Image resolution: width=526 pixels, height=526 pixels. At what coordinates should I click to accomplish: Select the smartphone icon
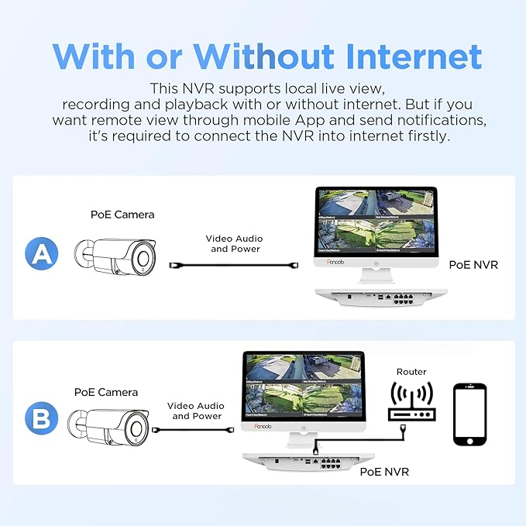(x=470, y=414)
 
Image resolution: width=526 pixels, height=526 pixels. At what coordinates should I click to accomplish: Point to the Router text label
(x=411, y=372)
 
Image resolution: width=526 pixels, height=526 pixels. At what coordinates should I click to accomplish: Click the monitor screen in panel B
(x=303, y=385)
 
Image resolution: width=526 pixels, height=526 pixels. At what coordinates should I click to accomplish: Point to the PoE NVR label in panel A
(x=473, y=265)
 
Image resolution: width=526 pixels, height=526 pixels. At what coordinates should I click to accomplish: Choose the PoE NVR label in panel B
(x=384, y=471)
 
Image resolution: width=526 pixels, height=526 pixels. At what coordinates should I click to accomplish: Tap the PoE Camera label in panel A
(x=123, y=214)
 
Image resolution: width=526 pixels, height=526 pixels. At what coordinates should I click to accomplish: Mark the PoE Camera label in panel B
(x=106, y=393)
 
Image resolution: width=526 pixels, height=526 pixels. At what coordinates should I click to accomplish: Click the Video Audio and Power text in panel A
(x=232, y=244)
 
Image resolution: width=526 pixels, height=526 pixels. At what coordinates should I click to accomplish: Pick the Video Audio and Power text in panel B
(x=197, y=411)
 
